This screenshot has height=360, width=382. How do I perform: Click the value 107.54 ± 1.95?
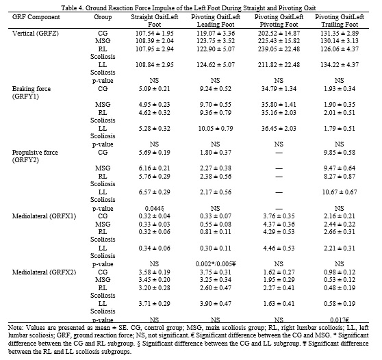155,33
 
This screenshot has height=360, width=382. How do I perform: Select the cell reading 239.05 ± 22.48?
279,49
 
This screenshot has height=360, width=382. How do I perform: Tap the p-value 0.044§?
155,209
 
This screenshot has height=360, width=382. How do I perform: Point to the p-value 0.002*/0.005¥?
216,264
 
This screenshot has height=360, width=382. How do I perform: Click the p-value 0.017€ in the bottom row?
340,320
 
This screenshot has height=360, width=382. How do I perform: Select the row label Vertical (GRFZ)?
36,33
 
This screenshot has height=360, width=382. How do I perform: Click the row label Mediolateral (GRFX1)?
44,216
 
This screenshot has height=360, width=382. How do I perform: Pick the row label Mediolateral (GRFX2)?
44,272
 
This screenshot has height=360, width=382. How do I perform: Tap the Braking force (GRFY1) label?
31,92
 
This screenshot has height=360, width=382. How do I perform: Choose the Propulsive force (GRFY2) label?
35,156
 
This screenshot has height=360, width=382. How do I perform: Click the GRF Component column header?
36,17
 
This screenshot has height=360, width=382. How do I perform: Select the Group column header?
103,17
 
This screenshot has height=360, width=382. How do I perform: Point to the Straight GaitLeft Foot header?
155,21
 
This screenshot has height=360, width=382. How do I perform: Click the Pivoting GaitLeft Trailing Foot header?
340,21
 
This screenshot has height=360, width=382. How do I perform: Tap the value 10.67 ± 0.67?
340,192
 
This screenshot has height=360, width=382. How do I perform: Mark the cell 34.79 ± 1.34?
279,89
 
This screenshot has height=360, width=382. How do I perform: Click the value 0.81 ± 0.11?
216,231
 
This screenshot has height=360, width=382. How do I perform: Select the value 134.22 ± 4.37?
340,65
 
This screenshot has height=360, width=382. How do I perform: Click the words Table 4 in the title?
73,8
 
